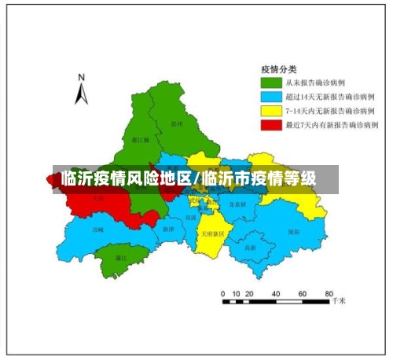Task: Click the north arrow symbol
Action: pyautogui.click(x=81, y=94)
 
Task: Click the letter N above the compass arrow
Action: pyautogui.click(x=81, y=77)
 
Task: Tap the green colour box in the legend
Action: pyautogui.click(x=271, y=82)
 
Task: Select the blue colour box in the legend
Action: pyautogui.click(x=271, y=96)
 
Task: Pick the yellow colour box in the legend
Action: pyautogui.click(x=271, y=110)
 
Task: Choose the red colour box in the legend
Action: pyautogui.click(x=271, y=124)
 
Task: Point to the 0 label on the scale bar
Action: pyautogui.click(x=224, y=292)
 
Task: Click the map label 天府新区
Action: pyautogui.click(x=212, y=234)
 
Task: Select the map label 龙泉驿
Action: pyautogui.click(x=237, y=204)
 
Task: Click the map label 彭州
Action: pyautogui.click(x=176, y=123)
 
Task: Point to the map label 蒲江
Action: pyautogui.click(x=121, y=257)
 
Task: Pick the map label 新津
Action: pyautogui.click(x=168, y=230)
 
